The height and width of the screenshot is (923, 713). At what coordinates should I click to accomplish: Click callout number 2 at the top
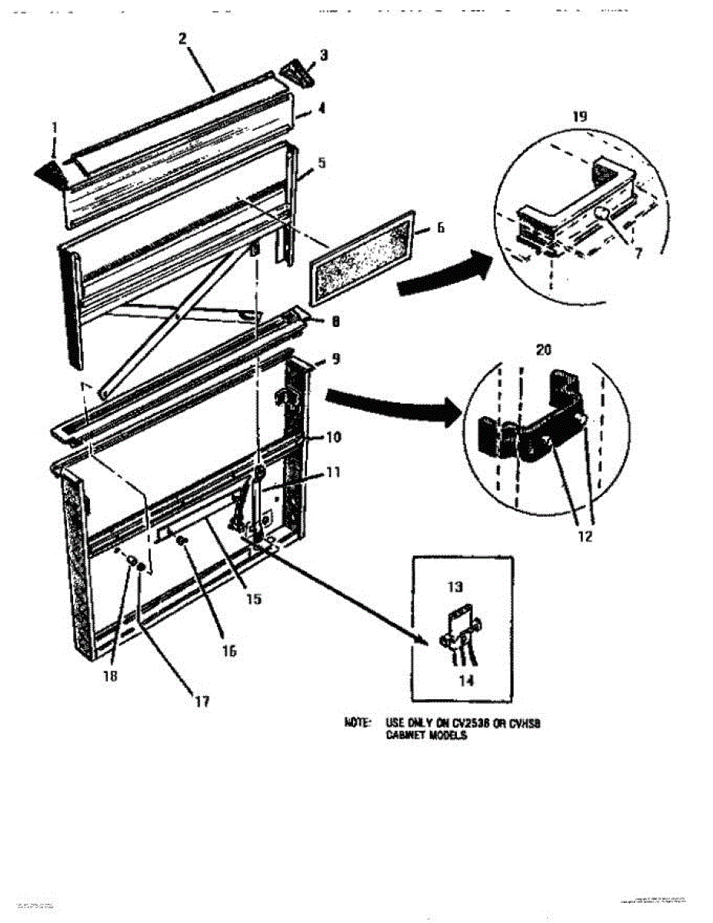(x=183, y=38)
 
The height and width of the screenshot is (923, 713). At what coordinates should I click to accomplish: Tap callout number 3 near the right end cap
(x=324, y=55)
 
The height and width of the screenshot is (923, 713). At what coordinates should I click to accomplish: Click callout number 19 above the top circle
(x=580, y=116)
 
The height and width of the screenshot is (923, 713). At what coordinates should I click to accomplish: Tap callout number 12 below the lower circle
(x=585, y=536)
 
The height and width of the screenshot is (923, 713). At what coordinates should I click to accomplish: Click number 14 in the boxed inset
(x=466, y=680)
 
